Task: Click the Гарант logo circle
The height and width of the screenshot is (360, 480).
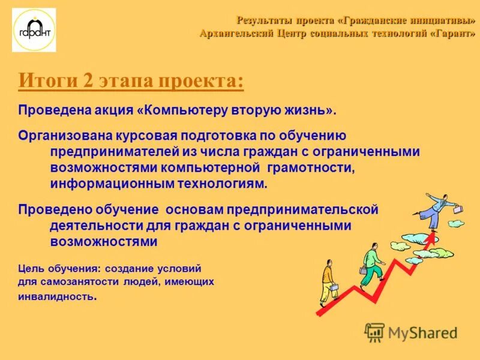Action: coord(34,30)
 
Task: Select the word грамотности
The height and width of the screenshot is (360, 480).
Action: coord(311,167)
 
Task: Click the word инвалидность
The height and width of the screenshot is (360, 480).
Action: coord(55,296)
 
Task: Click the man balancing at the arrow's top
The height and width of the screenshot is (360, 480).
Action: coord(436,208)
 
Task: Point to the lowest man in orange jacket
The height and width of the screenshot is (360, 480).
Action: coord(328,278)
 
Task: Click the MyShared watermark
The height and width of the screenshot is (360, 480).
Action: coord(412,332)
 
